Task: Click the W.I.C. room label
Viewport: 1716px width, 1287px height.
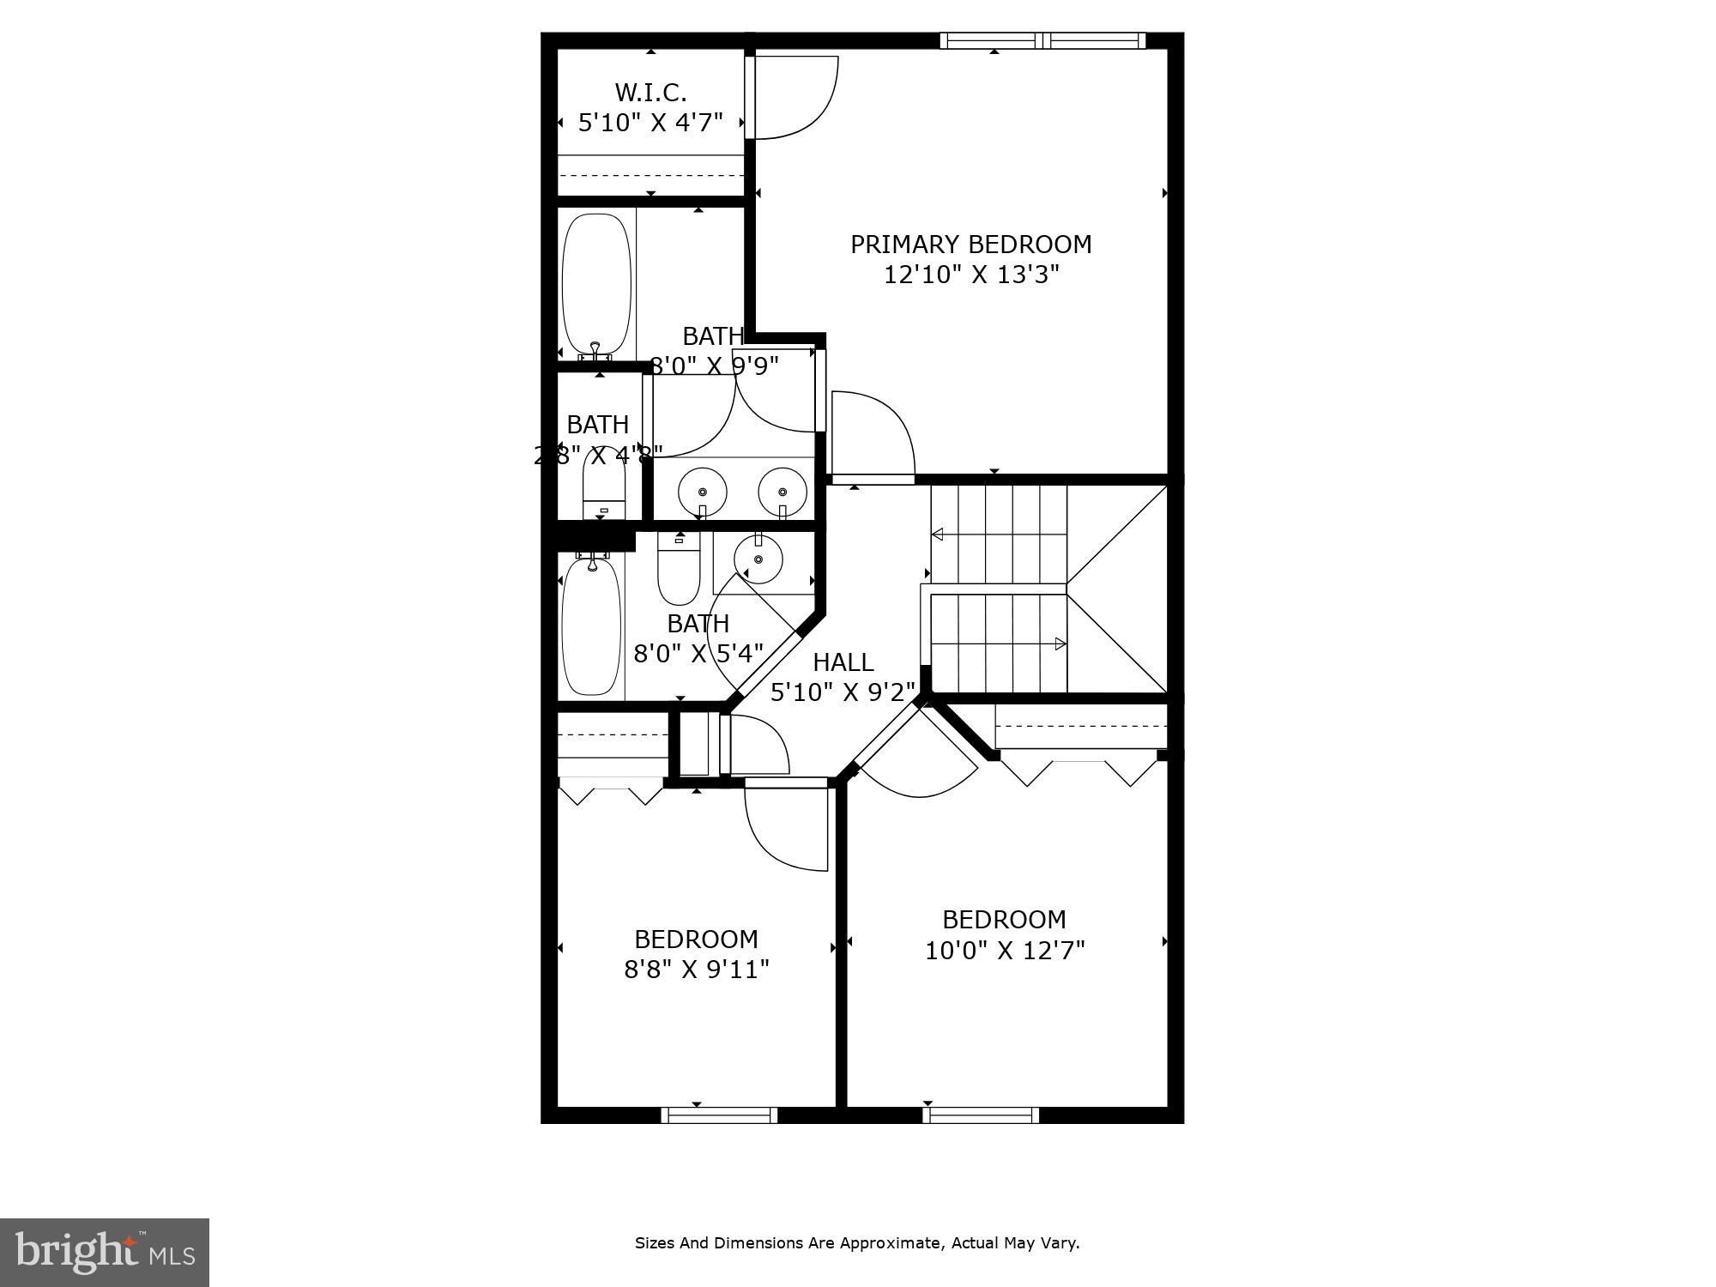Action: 650,92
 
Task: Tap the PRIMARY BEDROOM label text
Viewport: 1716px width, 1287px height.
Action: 970,245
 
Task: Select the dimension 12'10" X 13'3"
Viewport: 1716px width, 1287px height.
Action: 971,275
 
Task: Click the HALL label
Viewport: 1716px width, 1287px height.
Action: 843,662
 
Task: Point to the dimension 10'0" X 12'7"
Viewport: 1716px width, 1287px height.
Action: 1005,951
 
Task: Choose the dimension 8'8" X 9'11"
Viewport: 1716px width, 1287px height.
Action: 696,970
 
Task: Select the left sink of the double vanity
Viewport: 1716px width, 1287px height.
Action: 703,492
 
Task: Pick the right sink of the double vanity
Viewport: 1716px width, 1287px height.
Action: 782,492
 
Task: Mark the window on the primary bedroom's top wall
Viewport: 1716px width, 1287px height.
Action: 1042,40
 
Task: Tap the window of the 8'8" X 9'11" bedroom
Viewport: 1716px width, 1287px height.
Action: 719,1115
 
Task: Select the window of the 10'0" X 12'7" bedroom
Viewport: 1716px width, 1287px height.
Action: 981,1115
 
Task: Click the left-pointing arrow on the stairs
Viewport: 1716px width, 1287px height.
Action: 938,535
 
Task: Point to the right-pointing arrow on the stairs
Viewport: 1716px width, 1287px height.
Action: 1060,643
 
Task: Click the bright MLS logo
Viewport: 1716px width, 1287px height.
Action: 105,1252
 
